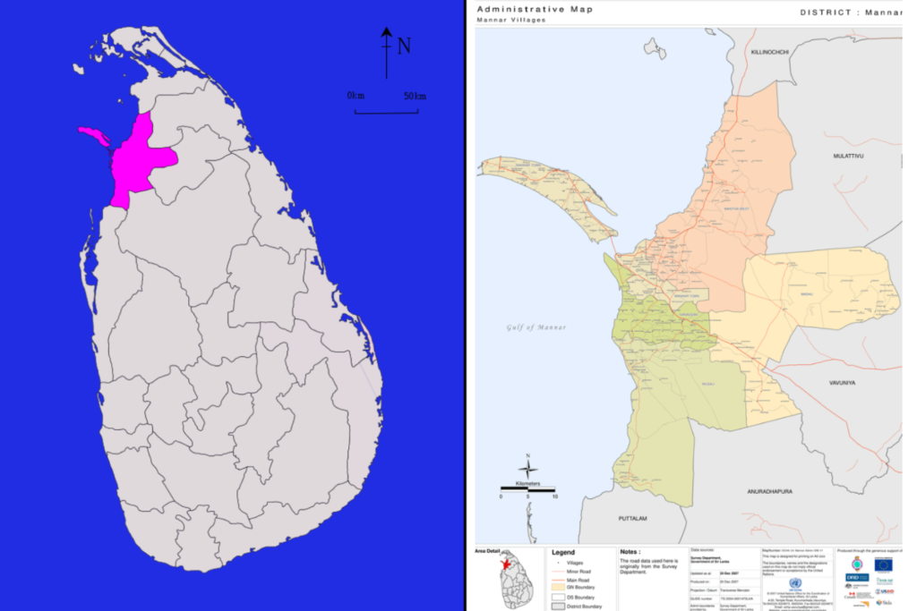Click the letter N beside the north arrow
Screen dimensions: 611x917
point(404,46)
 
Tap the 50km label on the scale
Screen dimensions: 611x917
point(415,96)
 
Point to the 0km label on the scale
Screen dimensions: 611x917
point(356,96)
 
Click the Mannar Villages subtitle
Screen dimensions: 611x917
point(510,20)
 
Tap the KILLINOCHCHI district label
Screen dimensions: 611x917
point(770,52)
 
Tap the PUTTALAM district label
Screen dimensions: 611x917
point(632,519)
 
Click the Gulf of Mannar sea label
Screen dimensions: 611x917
point(536,327)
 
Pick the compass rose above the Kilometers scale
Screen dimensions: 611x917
point(528,469)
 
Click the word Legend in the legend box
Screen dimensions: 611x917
point(562,552)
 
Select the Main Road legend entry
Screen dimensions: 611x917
point(578,579)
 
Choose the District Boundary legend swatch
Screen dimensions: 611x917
point(557,606)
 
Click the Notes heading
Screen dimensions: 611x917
point(630,552)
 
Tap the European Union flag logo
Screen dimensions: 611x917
point(883,564)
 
